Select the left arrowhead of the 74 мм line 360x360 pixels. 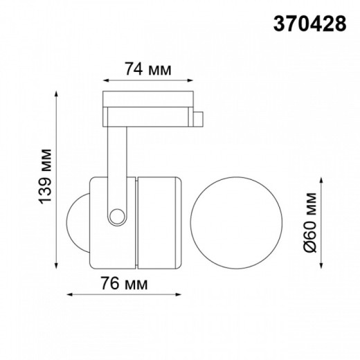(105, 78)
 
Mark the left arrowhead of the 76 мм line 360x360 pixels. (69, 294)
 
